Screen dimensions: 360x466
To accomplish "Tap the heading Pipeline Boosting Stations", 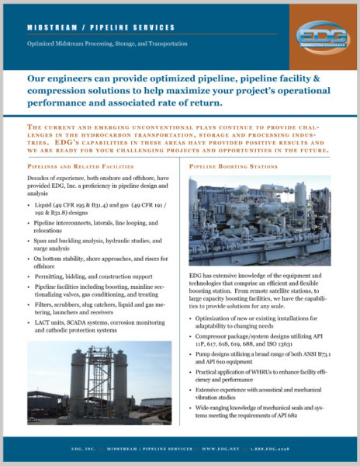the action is tap(232, 166).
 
